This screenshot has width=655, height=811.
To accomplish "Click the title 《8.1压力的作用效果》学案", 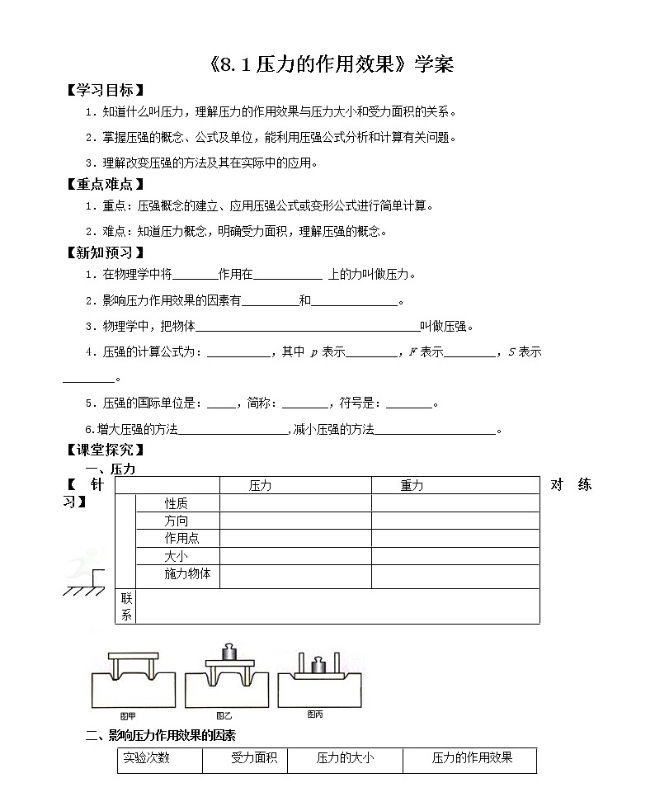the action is [x=327, y=65].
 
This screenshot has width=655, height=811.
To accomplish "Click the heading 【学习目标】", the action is [x=104, y=90].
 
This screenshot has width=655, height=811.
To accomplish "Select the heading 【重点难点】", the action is [x=104, y=184].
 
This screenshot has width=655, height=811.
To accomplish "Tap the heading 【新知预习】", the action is [x=104, y=252].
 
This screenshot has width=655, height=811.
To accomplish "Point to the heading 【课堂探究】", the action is [x=104, y=450].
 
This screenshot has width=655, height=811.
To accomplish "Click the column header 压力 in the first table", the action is [x=260, y=486].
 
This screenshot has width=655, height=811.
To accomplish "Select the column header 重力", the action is [x=412, y=486].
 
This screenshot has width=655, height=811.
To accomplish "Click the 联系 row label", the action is [x=126, y=606].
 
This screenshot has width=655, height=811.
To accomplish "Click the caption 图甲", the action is [x=128, y=715].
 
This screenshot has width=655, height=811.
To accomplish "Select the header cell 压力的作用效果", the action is [x=472, y=758].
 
